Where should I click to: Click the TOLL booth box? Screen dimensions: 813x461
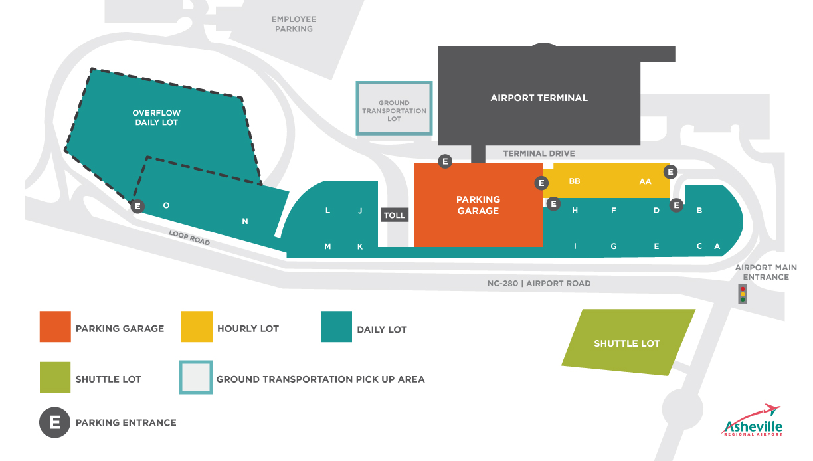pos(395,215)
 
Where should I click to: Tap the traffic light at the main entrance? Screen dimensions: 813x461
pos(743,294)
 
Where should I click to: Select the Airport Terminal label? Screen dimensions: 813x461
pos(539,98)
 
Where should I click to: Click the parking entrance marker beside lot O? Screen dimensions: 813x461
pos(137,206)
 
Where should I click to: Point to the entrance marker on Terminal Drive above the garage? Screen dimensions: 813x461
pos(445,161)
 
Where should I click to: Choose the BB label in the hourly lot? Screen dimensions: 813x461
pos(575,181)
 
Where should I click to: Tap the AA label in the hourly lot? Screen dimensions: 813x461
pos(645,181)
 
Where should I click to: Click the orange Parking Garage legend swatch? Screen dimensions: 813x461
pos(55,327)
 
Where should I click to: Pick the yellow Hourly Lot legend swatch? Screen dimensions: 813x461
pos(197,327)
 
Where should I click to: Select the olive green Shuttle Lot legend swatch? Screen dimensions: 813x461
pos(55,377)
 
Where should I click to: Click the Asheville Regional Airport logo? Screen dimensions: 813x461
pos(753,420)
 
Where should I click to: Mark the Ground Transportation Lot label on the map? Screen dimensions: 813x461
pos(394,111)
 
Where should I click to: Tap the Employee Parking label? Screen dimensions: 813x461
pos(294,24)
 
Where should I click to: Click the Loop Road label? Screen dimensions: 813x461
pos(189,238)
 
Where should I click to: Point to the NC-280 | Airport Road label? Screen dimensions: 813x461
pos(539,284)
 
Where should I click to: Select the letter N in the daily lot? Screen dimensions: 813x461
pos(245,221)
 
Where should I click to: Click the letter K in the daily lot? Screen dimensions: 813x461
pos(360,246)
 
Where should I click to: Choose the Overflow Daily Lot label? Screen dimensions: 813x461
pos(156,118)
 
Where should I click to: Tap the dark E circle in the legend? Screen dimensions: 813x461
pos(55,422)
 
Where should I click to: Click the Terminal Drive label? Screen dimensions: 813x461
pos(539,153)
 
